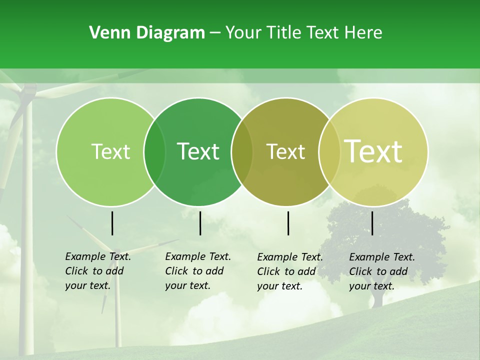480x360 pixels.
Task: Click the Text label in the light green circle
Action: (110, 152)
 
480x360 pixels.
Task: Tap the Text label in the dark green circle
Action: (198, 151)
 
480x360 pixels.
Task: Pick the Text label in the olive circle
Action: (285, 152)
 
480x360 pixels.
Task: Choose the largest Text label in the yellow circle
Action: (373, 151)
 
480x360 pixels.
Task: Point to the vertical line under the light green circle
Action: (112, 223)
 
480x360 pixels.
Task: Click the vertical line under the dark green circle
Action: (200, 223)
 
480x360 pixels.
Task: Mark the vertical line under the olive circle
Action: (288, 223)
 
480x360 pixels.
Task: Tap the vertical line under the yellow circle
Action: (372, 223)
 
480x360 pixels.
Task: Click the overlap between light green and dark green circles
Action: (154, 152)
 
